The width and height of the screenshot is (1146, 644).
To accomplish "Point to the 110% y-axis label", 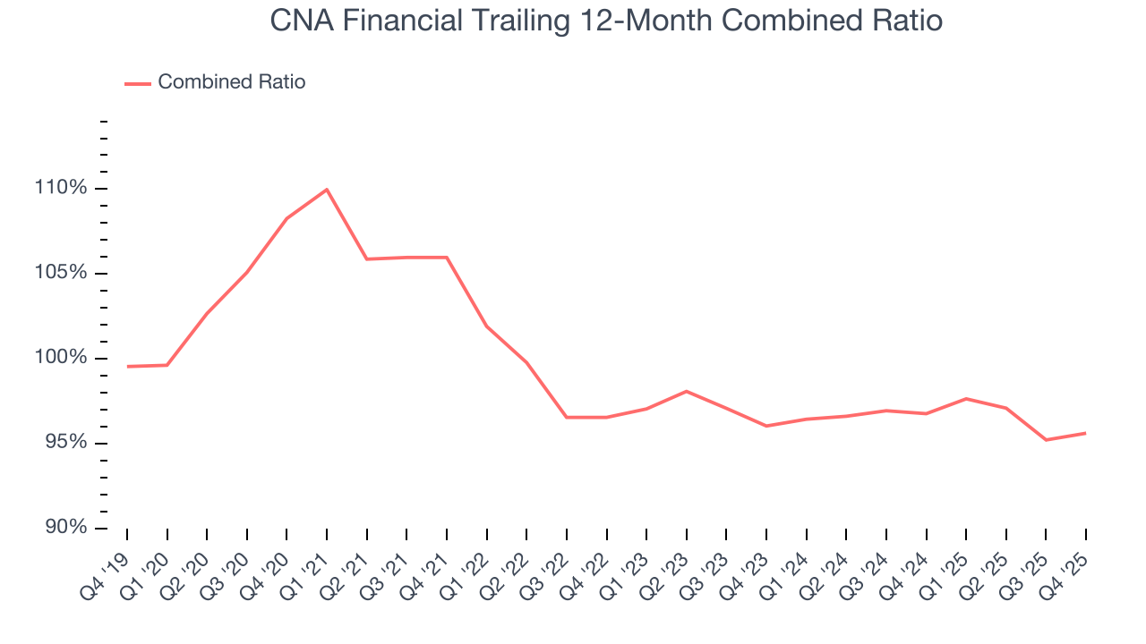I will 62,188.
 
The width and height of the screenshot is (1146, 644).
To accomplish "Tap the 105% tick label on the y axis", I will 62,273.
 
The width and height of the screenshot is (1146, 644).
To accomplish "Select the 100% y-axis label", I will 62,358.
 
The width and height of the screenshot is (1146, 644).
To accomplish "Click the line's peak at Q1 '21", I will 327,190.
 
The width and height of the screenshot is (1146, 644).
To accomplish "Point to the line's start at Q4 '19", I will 127,366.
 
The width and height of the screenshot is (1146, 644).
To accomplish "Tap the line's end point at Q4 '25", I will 1086,433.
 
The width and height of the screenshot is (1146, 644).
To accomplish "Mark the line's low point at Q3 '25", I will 1046,440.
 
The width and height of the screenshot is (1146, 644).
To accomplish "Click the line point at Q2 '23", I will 686,391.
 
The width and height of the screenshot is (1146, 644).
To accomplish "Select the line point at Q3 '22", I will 567,417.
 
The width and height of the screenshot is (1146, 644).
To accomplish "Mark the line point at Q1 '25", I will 966,398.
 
